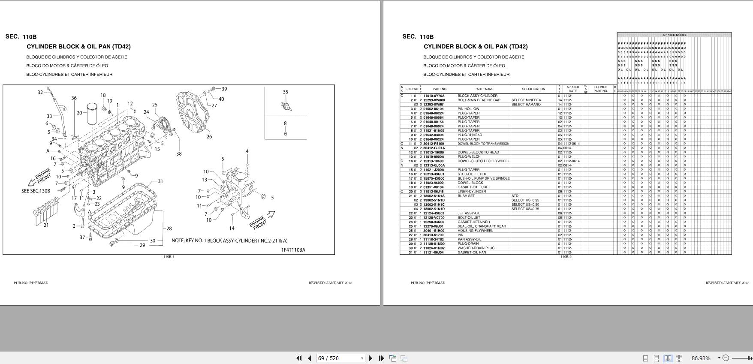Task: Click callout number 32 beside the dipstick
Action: coord(40,92)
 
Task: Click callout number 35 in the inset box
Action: coord(286,92)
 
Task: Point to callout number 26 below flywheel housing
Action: coord(209,137)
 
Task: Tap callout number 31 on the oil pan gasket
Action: coord(160,181)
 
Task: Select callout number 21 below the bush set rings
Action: coord(46,226)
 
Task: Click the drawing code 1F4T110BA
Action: coord(293,250)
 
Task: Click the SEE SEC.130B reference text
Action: coord(36,191)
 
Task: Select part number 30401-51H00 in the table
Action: coord(434,231)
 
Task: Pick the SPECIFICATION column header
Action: coord(533,89)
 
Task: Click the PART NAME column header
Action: coord(484,89)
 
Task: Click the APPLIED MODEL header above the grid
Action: coord(674,35)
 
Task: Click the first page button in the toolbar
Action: coord(299,358)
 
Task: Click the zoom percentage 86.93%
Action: coord(701,358)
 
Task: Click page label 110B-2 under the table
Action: coord(566,257)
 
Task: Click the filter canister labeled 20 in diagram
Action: coord(93,112)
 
